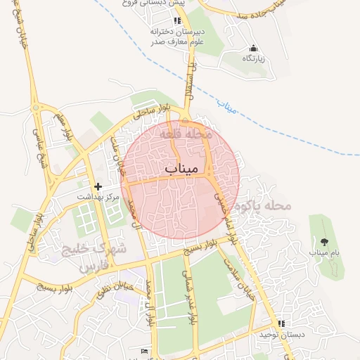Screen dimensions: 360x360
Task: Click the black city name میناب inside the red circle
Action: (181, 169)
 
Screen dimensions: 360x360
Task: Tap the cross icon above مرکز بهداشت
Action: (98, 187)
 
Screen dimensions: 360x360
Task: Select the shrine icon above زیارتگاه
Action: (253, 48)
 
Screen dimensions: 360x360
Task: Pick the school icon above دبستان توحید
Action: (281, 323)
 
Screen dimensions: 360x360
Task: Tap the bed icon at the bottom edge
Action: (144, 351)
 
